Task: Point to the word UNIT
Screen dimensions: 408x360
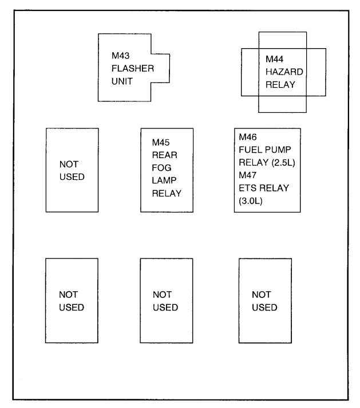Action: (122, 81)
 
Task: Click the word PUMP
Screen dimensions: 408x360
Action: (278, 150)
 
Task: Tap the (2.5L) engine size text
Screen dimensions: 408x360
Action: (279, 163)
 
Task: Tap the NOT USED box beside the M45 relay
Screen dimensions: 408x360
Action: (72, 170)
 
